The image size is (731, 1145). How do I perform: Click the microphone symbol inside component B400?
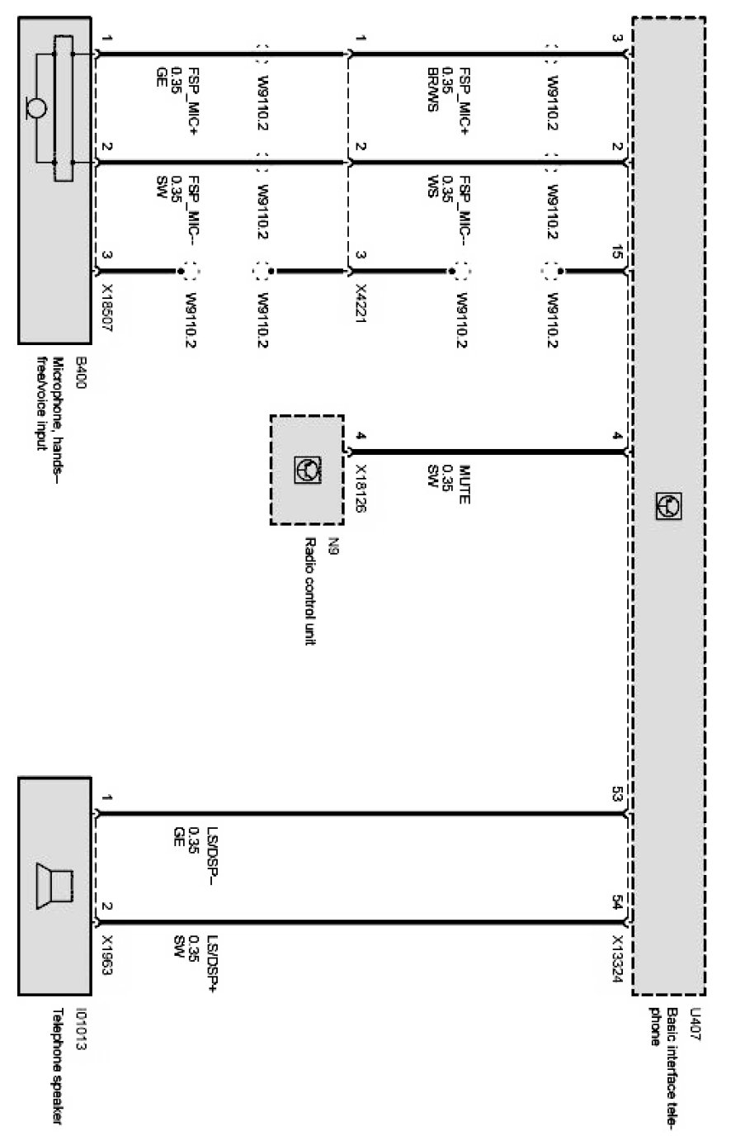coord(37,108)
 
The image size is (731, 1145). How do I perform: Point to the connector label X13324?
coord(618,958)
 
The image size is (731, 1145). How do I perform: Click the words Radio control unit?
coord(310,591)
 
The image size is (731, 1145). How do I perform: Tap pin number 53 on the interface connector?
coord(618,795)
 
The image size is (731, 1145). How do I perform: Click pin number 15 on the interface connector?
coord(618,256)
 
